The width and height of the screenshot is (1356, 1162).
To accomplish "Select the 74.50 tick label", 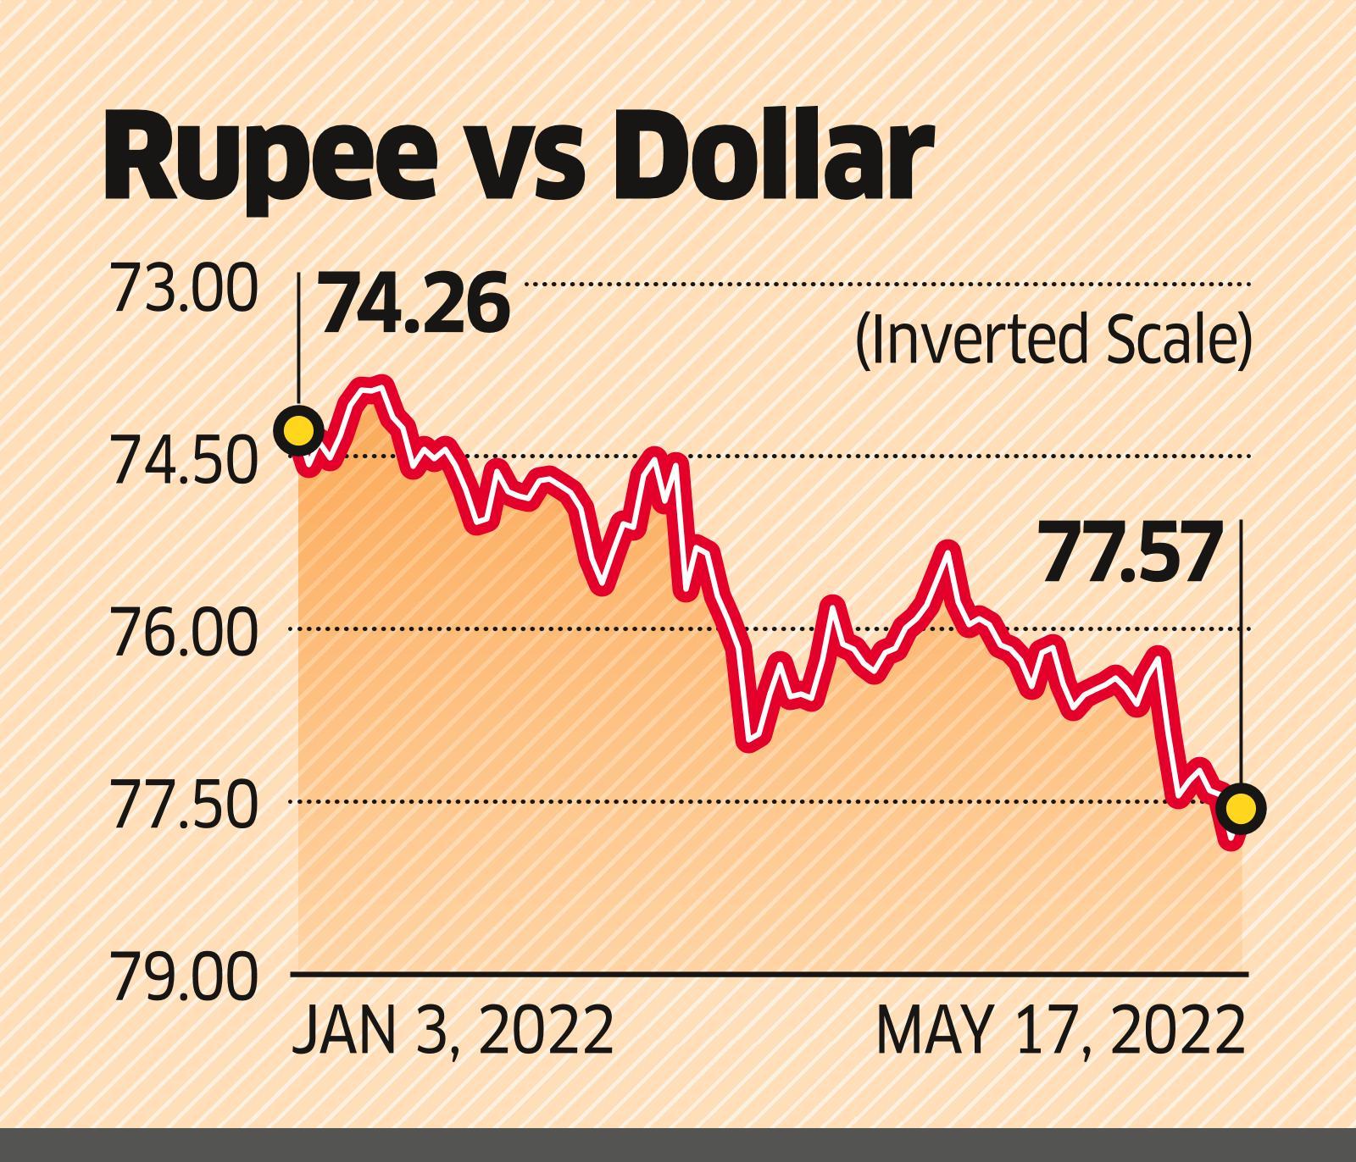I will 182,464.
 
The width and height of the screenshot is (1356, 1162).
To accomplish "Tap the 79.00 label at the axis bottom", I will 182,980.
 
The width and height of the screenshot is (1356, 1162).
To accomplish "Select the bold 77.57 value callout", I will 1131,554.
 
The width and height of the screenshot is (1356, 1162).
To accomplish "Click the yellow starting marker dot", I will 299,430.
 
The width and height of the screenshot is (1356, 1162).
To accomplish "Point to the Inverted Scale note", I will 1053,341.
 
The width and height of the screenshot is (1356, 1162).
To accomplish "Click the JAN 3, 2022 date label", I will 453,1031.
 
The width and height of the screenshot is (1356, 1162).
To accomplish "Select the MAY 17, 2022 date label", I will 1060,1031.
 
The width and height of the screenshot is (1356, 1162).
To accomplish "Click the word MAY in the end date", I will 933,1031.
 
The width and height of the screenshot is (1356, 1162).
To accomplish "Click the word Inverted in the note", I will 968,341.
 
